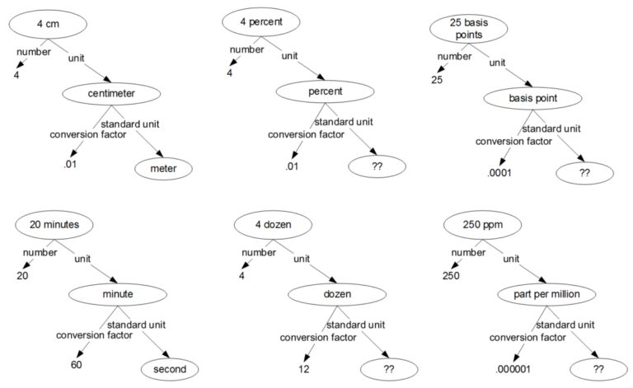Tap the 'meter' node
163,169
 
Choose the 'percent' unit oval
325,91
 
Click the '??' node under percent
377,166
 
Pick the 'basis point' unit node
532,98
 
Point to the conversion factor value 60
76,363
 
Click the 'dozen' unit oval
336,293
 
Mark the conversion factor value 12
304,369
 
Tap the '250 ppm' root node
477,224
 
